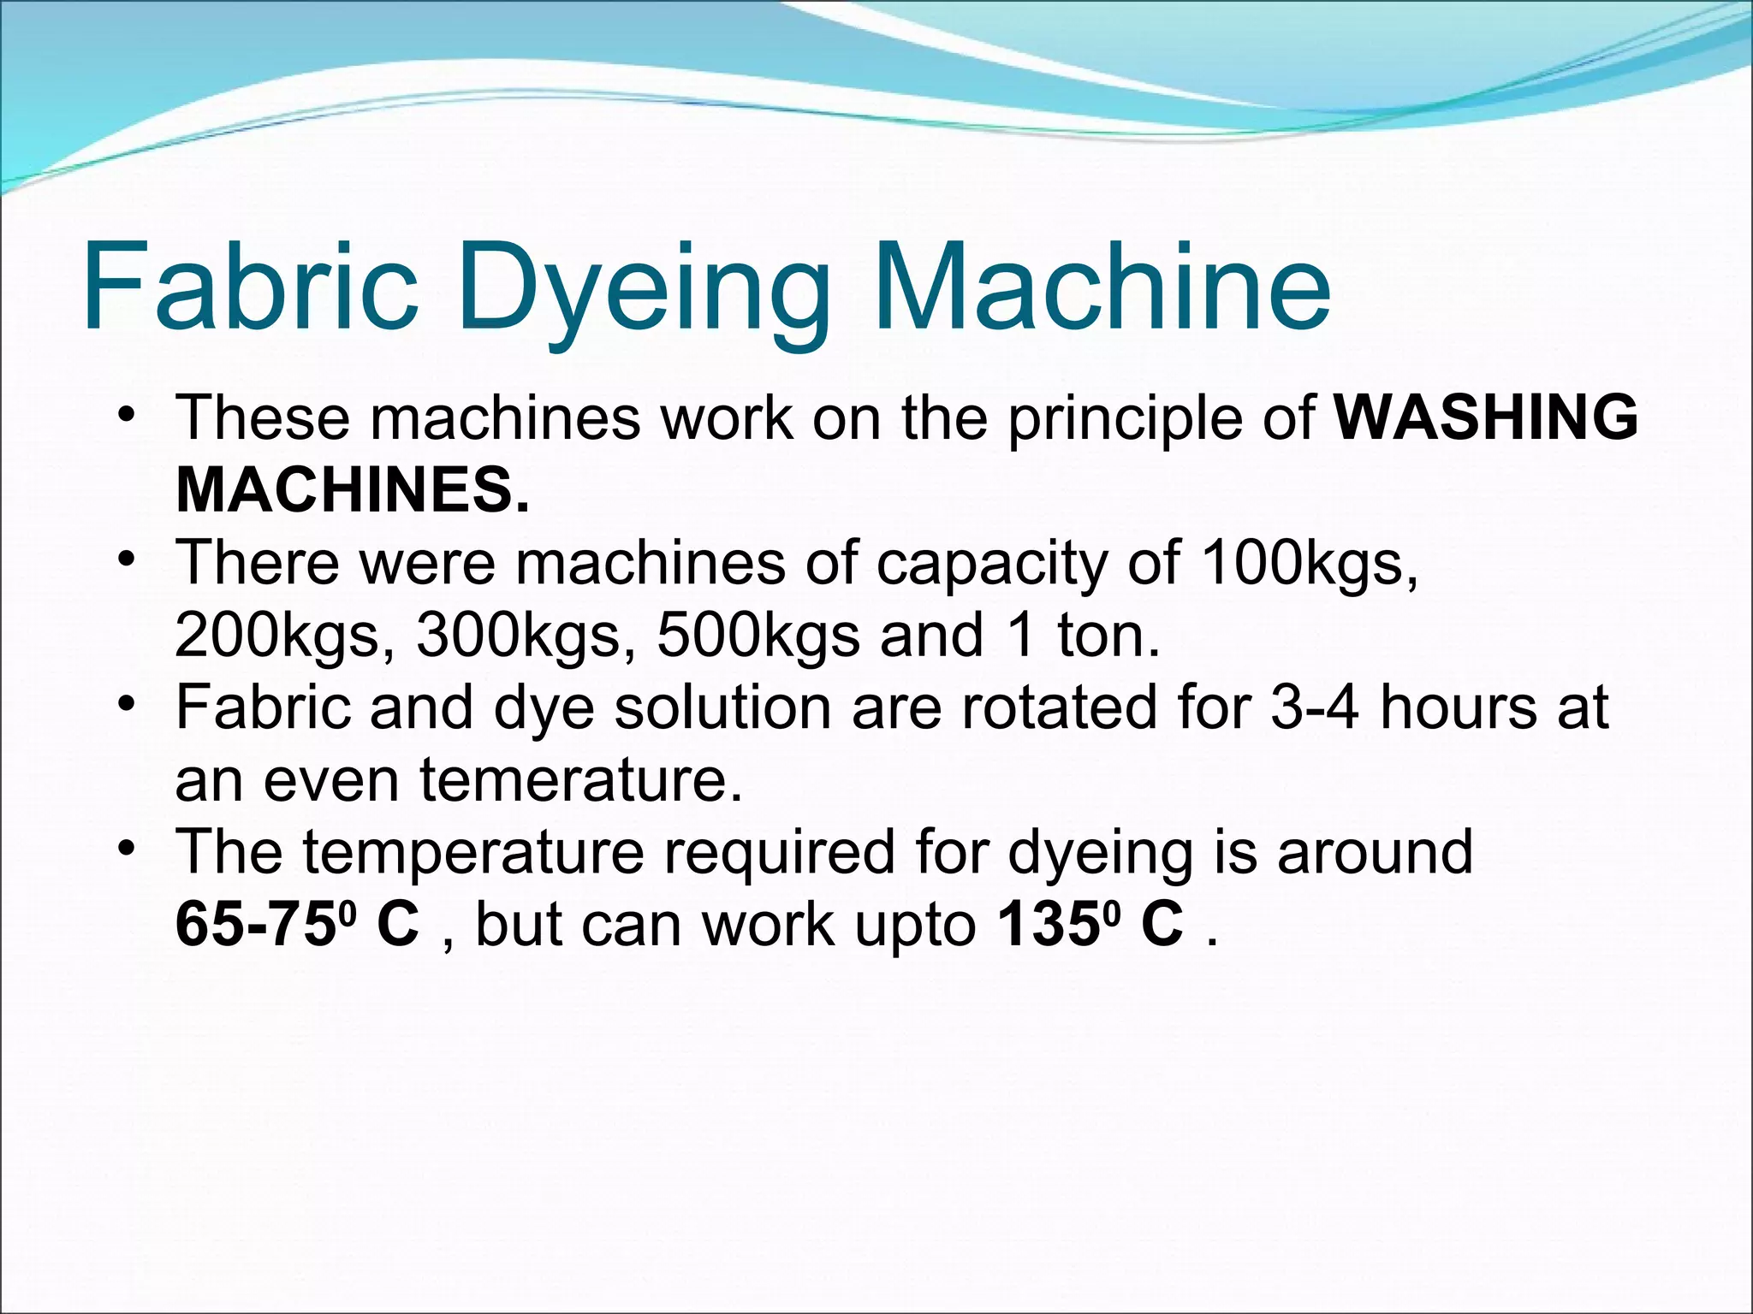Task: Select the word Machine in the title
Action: tap(1101, 286)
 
